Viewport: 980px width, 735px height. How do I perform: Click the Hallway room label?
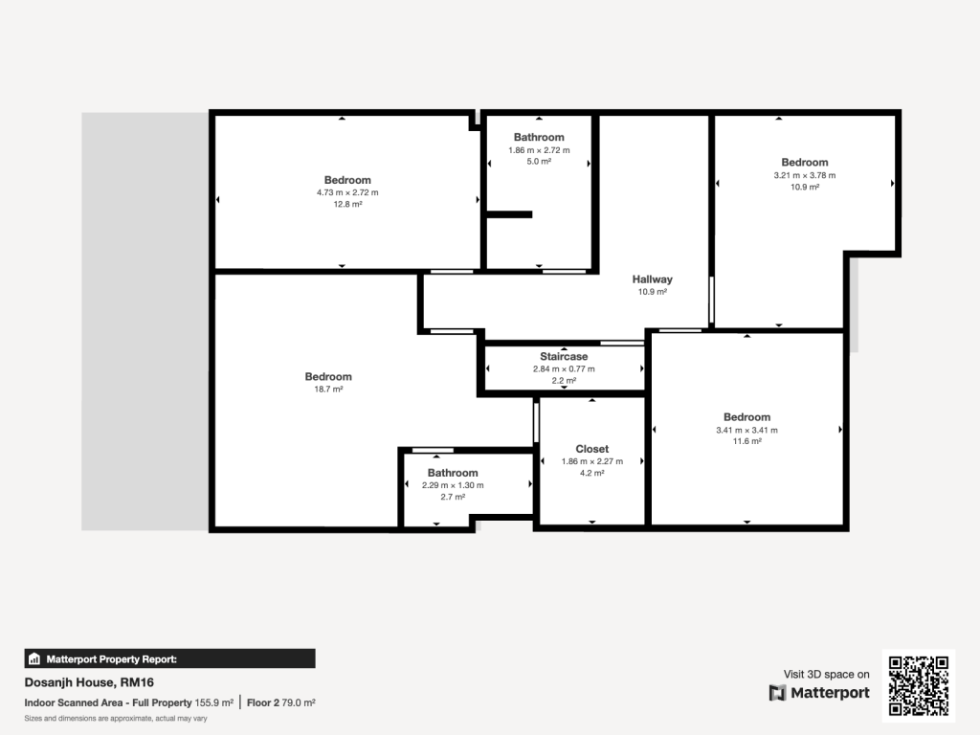pyautogui.click(x=652, y=279)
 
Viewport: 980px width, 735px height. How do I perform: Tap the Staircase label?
pyautogui.click(x=564, y=356)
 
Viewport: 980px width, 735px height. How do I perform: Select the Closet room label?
pyautogui.click(x=591, y=449)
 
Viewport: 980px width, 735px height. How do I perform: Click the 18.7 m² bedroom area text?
pyautogui.click(x=328, y=390)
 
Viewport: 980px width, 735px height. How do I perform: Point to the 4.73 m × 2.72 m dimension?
pyautogui.click(x=347, y=192)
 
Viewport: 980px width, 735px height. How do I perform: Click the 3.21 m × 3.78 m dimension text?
pyautogui.click(x=804, y=175)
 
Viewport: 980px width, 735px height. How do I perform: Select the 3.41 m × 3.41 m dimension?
pyautogui.click(x=746, y=430)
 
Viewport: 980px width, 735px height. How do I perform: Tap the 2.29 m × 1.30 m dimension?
pyautogui.click(x=453, y=485)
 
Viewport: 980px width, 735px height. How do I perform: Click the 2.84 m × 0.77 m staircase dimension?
pyautogui.click(x=564, y=368)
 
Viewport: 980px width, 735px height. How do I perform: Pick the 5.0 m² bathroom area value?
pyautogui.click(x=539, y=162)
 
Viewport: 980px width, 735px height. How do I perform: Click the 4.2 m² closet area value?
pyautogui.click(x=591, y=473)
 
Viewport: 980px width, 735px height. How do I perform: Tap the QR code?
pyautogui.click(x=920, y=684)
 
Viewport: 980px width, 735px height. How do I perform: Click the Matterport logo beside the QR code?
pyautogui.click(x=819, y=693)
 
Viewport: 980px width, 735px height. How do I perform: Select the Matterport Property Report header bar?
pyautogui.click(x=169, y=658)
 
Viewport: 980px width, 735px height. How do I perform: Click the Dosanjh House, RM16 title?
pyautogui.click(x=89, y=682)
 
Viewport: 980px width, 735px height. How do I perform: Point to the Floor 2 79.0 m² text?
pyautogui.click(x=281, y=702)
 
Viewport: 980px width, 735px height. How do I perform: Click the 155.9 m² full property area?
pyautogui.click(x=214, y=702)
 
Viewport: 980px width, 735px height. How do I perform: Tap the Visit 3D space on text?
pyautogui.click(x=826, y=675)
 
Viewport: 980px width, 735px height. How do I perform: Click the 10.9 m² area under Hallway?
pyautogui.click(x=652, y=292)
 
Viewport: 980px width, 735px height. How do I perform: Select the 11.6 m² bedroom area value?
pyautogui.click(x=746, y=441)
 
